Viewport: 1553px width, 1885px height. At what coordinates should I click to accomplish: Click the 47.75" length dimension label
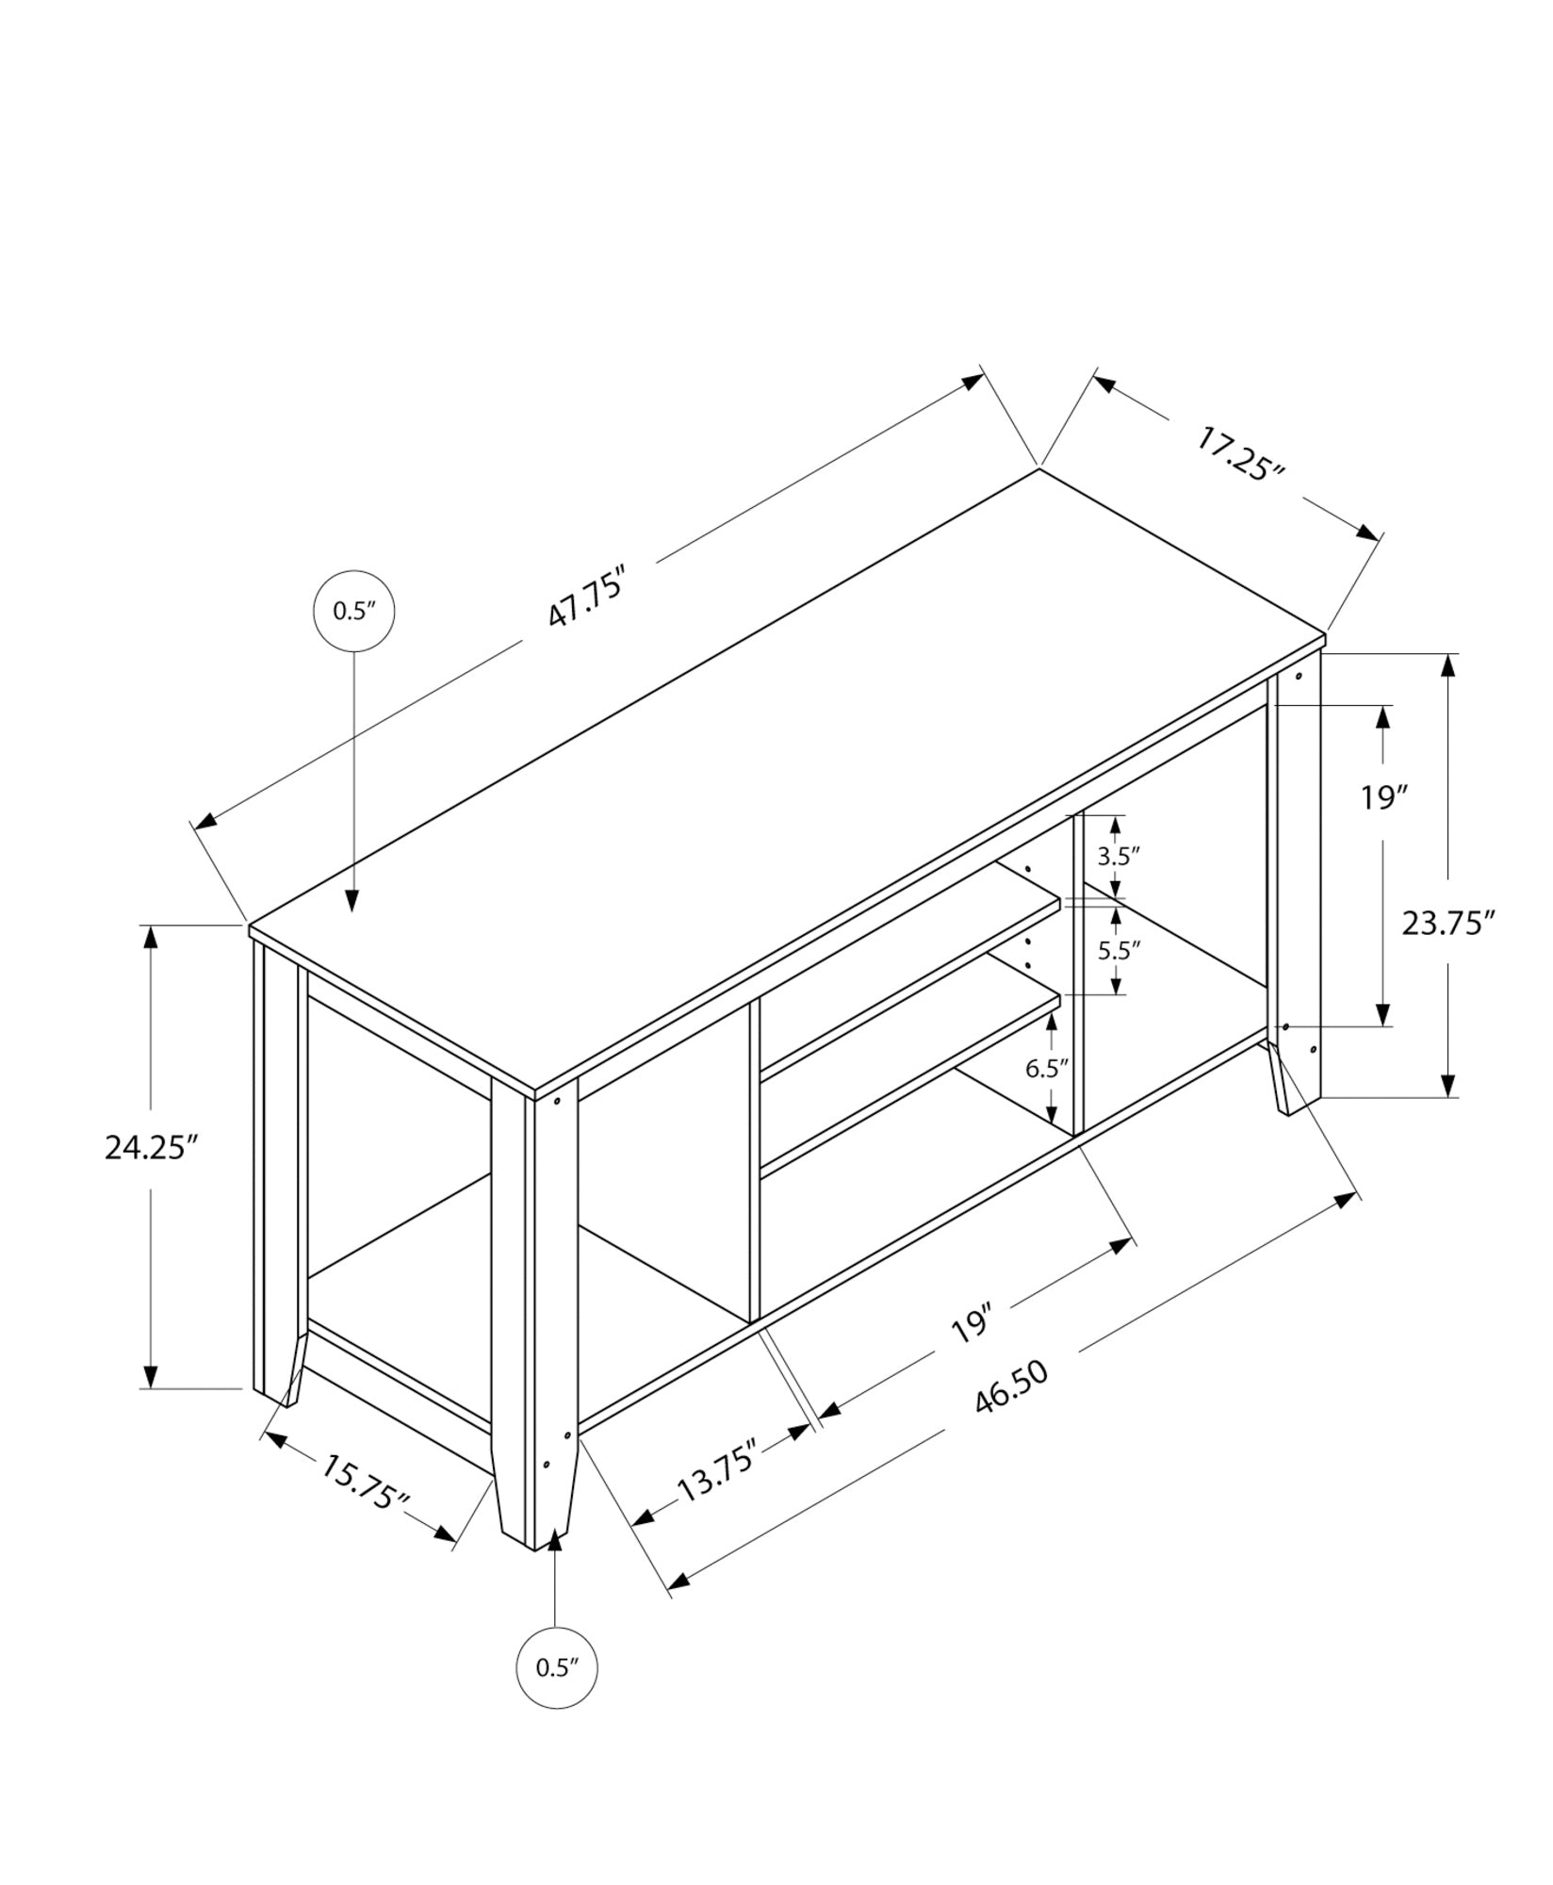coord(586,598)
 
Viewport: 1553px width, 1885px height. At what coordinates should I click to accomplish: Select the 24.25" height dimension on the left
coord(151,1148)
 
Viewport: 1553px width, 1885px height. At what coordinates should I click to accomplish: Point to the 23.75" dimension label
coord(1448,923)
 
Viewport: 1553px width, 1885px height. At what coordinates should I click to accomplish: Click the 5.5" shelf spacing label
coord(1119,949)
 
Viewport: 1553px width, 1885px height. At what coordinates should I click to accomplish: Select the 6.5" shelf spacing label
coord(1047,1068)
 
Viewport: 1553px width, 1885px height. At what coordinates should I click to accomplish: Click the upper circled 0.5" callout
coord(353,611)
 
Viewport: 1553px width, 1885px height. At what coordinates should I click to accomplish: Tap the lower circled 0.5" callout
coord(556,1667)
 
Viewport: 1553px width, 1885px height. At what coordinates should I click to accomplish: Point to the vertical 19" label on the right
coord(1383,797)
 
